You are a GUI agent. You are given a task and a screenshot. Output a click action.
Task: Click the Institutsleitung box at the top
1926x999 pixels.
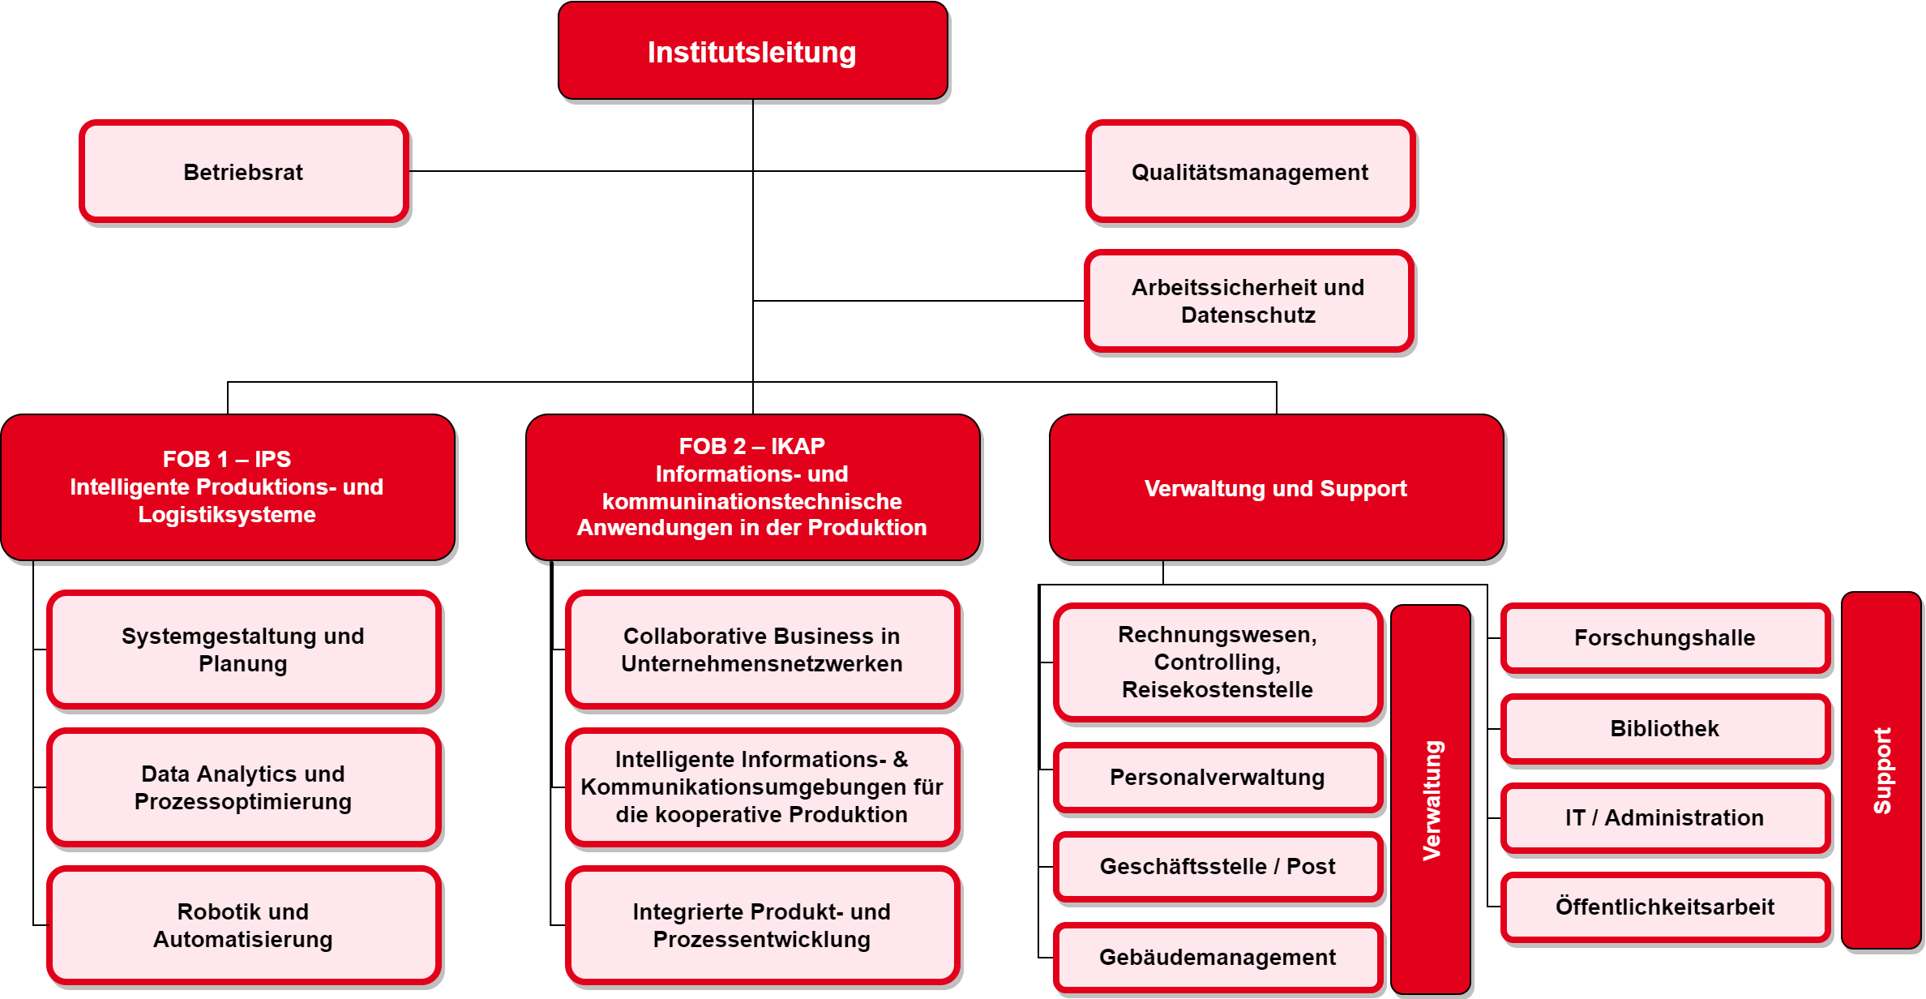click(753, 50)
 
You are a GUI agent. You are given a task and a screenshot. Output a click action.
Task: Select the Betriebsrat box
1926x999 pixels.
click(244, 171)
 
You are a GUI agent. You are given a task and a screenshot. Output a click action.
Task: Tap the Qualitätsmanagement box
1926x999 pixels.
click(1250, 171)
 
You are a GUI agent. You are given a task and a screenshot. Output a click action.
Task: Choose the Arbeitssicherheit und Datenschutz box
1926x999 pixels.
click(1248, 301)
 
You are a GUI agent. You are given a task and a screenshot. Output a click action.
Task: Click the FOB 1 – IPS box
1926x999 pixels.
click(228, 487)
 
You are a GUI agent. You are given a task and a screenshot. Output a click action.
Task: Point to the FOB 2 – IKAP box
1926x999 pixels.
click(753, 487)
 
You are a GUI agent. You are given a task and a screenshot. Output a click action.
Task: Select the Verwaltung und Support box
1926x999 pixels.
click(1277, 487)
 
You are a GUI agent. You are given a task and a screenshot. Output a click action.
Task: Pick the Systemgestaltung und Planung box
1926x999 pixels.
click(244, 650)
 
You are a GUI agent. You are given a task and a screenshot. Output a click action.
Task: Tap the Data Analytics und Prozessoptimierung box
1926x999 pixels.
click(244, 787)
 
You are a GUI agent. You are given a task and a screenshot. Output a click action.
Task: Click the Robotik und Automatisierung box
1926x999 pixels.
click(244, 925)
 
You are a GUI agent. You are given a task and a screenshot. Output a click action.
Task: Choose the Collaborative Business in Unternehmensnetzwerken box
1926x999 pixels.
click(763, 650)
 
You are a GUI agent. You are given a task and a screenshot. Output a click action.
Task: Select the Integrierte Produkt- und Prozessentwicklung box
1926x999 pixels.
click(763, 925)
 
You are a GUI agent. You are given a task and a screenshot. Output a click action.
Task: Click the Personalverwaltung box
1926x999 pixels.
click(1218, 777)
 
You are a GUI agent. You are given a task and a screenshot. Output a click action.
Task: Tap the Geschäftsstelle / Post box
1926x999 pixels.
click(1218, 866)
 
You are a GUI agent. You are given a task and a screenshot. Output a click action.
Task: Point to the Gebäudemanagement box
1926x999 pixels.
click(1218, 957)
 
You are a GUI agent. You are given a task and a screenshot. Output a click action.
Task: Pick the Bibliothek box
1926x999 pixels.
click(1666, 728)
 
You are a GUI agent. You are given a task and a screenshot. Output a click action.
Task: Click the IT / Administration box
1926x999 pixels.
click(1666, 817)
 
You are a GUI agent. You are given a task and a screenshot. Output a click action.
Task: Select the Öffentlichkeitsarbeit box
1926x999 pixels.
click(1666, 907)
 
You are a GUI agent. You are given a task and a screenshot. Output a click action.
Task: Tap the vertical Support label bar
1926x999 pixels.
click(1881, 770)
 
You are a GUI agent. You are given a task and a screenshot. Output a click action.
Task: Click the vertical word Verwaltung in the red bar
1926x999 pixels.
click(1432, 800)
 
